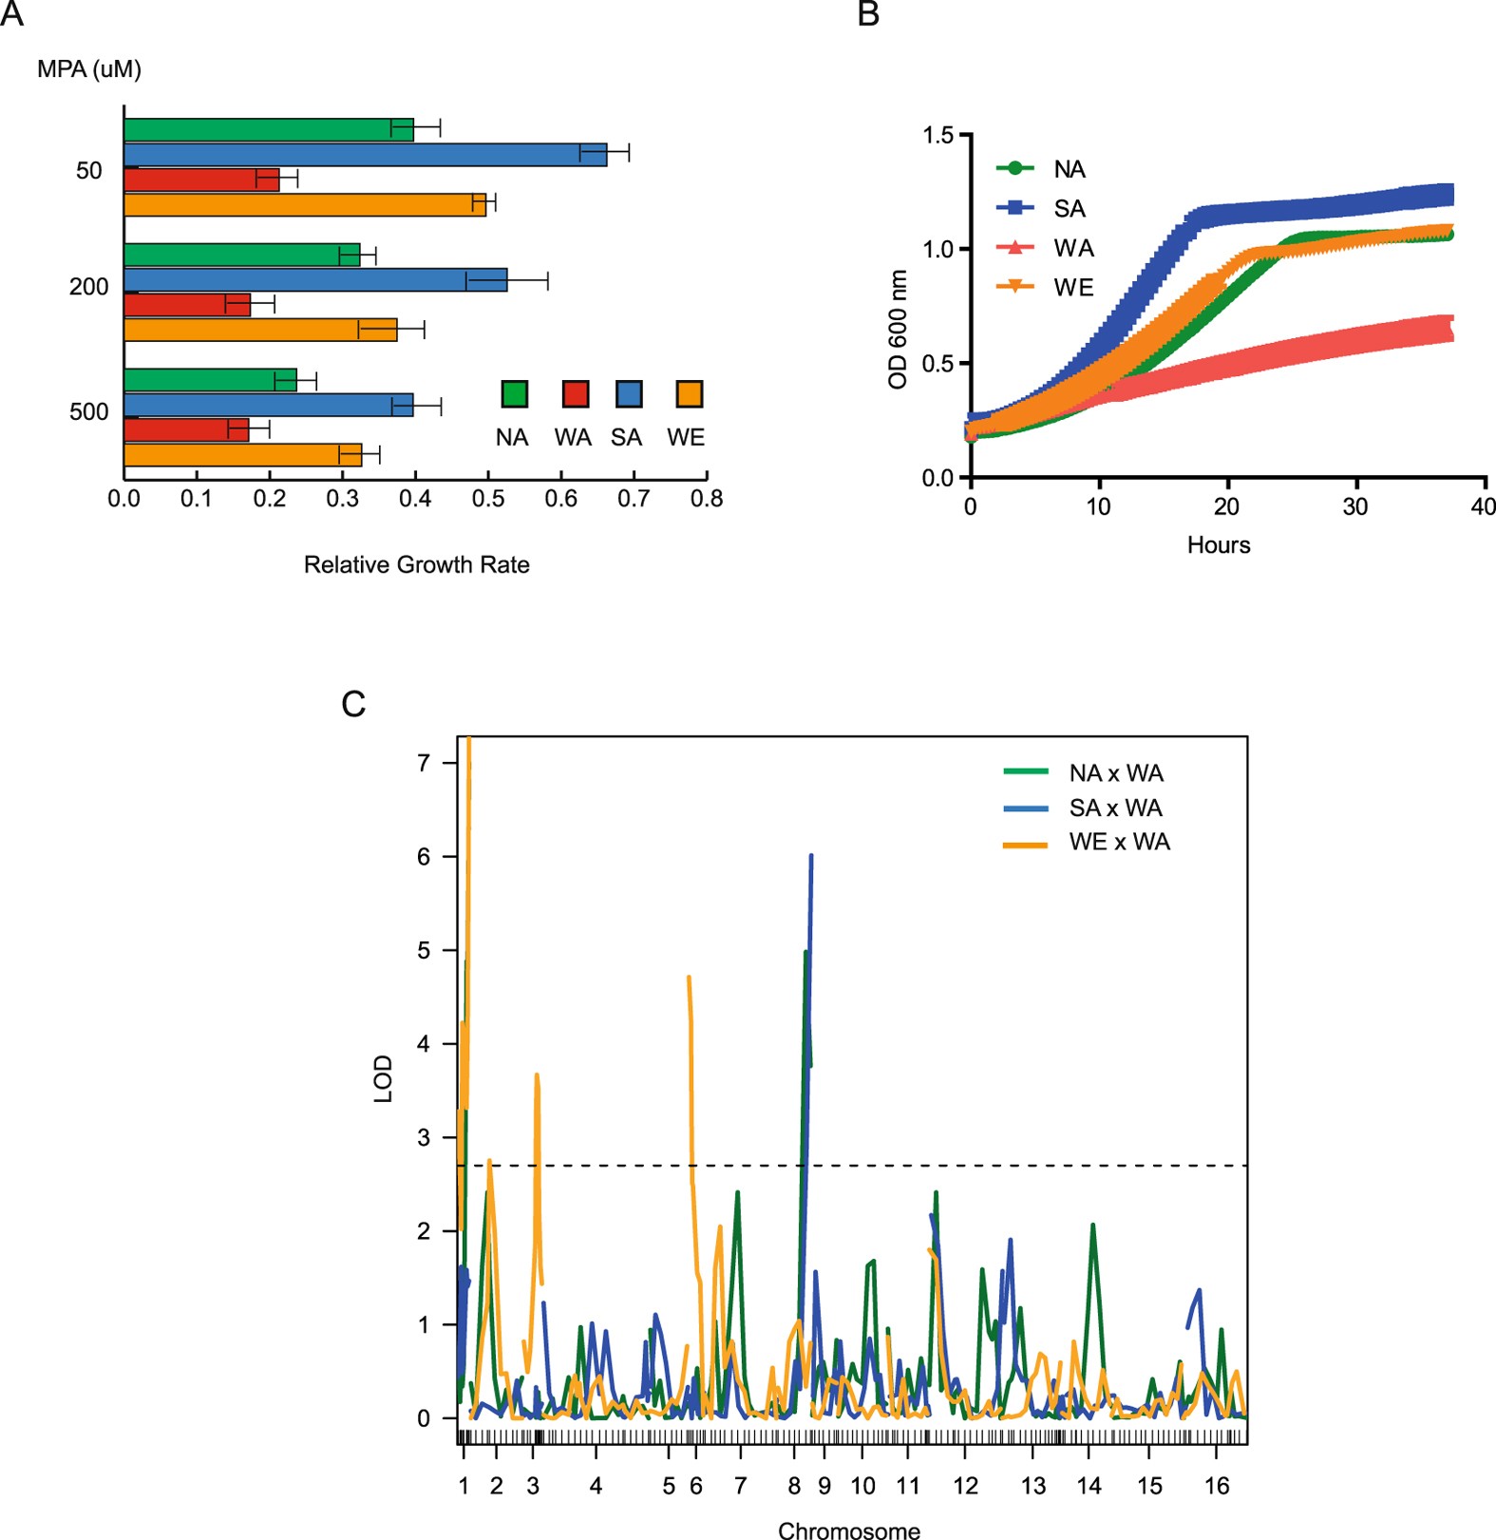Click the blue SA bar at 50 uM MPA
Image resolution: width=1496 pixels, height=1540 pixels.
[365, 155]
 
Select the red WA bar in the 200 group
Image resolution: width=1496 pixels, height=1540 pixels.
[187, 305]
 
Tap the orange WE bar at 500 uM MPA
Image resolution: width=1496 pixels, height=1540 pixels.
[242, 455]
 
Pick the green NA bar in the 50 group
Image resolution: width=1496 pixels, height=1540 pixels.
[269, 130]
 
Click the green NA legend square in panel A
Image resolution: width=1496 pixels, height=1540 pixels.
[514, 394]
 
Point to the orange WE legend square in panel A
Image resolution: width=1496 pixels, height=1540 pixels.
[689, 394]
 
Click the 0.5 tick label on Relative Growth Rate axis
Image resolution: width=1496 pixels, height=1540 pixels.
[488, 499]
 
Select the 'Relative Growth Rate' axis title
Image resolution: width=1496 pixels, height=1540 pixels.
[416, 565]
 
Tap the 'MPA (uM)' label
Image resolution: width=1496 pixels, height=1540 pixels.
[89, 69]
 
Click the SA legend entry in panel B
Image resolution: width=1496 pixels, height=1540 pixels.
[1069, 209]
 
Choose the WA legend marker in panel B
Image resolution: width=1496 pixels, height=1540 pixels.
[1014, 248]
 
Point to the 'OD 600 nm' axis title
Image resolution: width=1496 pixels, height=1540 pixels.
[898, 329]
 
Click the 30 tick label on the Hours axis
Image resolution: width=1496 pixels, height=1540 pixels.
[1355, 507]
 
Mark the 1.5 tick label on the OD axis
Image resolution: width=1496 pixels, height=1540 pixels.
[938, 136]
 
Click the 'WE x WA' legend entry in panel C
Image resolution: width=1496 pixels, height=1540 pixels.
[1119, 843]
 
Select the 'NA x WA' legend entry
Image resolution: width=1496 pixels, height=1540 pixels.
[1116, 773]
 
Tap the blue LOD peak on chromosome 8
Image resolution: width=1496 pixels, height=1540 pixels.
[810, 857]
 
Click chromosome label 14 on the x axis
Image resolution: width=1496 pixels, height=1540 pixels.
[1089, 1486]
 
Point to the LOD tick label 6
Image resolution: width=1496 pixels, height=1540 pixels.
[425, 857]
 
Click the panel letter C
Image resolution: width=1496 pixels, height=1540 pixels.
[353, 704]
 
